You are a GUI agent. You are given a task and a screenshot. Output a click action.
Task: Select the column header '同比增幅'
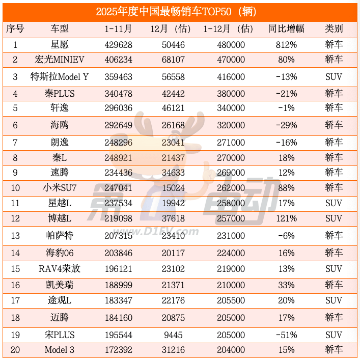286,29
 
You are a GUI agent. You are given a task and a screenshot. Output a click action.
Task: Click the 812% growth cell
286,45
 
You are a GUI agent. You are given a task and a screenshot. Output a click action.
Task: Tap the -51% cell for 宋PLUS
286,335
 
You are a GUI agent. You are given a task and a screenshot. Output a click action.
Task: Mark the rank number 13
15,235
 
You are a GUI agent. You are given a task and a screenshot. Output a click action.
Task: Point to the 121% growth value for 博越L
286,218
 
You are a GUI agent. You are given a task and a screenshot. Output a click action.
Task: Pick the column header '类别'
334,29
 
